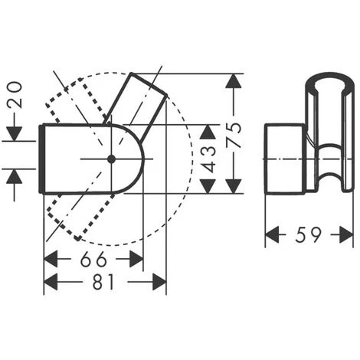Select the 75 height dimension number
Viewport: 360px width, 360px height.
coord(235,133)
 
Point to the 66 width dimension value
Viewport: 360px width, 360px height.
coord(93,258)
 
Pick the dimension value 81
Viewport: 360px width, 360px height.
coord(104,282)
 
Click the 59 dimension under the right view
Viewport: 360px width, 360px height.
coord(309,236)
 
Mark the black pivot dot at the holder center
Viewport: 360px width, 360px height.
coord(111,159)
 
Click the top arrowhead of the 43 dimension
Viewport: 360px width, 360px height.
coord(208,131)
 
